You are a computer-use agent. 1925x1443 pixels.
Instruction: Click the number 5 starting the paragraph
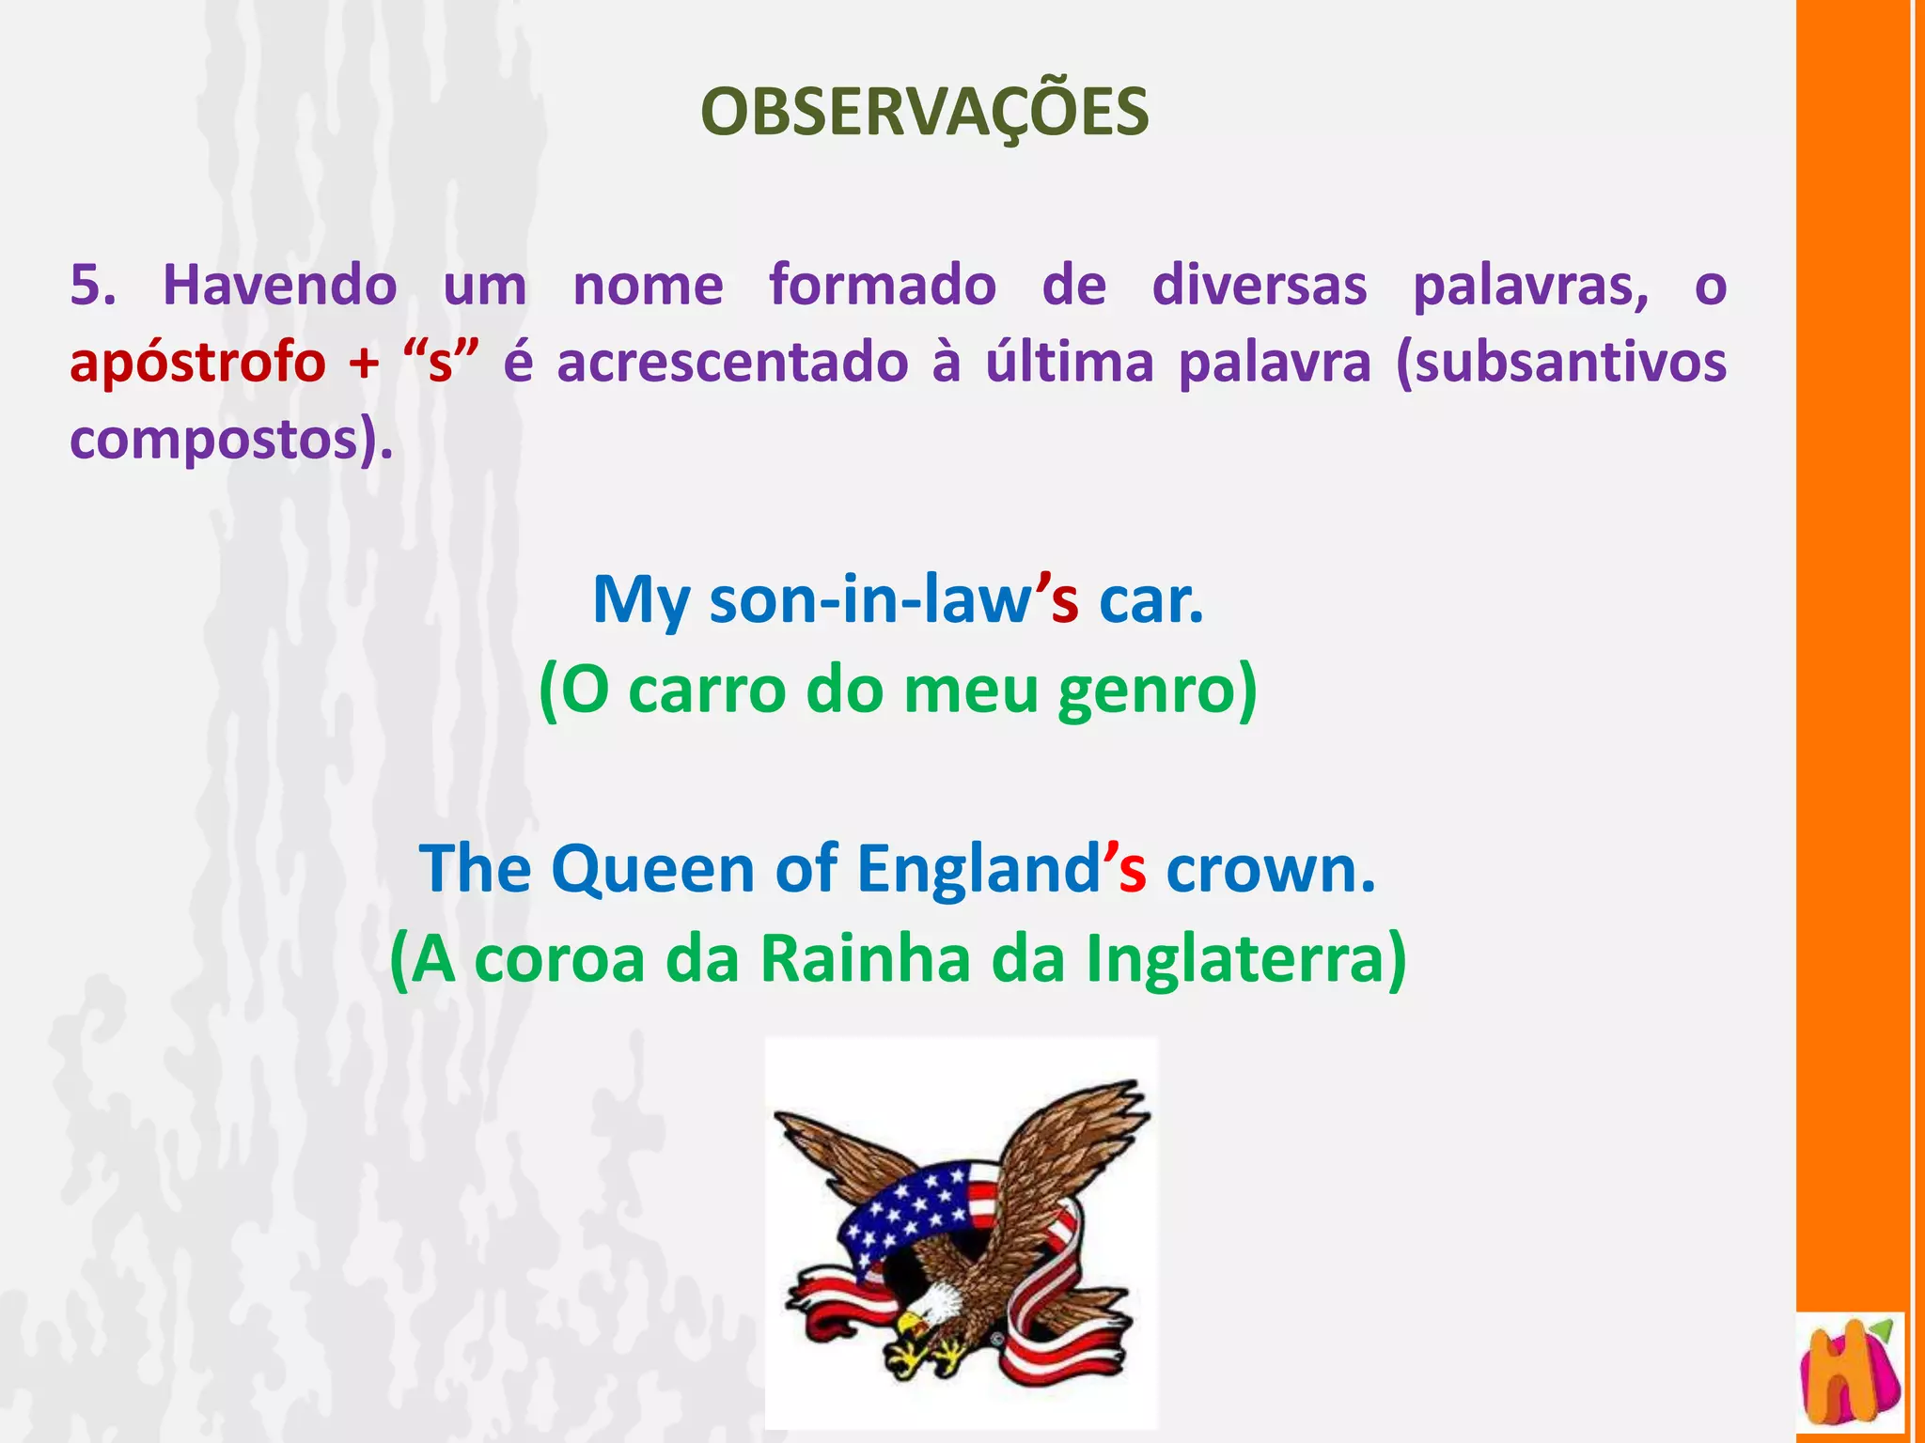92,285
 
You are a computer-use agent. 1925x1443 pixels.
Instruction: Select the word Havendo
280,285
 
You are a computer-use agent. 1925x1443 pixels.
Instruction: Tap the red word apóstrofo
197,363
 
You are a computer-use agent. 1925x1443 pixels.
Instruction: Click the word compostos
214,440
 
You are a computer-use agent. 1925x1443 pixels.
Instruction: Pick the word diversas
1260,285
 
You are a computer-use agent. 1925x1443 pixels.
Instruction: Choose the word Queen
652,868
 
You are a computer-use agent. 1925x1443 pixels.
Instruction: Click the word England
978,868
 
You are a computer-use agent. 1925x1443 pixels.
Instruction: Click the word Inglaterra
1235,959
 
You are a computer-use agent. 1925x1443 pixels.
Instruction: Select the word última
1069,363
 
